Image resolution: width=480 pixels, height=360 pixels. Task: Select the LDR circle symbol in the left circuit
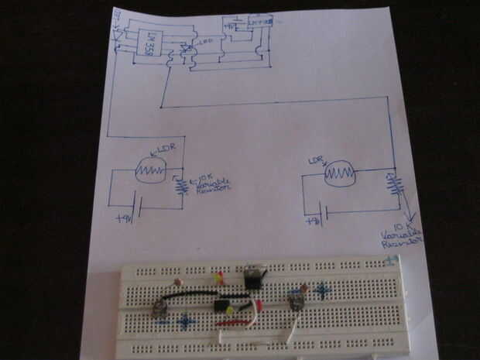[x=151, y=170]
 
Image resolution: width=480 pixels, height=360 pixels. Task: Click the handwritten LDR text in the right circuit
[x=314, y=161]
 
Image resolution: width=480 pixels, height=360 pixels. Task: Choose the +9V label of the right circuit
[x=314, y=223]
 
